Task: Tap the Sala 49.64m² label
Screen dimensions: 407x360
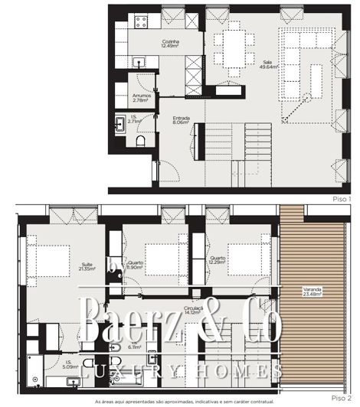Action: pyautogui.click(x=267, y=65)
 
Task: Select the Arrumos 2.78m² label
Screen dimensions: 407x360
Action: pyautogui.click(x=140, y=97)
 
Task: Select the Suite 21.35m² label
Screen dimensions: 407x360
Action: pyautogui.click(x=87, y=267)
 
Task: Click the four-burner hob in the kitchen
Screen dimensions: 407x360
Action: pyautogui.click(x=140, y=21)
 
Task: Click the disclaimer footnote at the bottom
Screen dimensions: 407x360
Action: pyautogui.click(x=182, y=402)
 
